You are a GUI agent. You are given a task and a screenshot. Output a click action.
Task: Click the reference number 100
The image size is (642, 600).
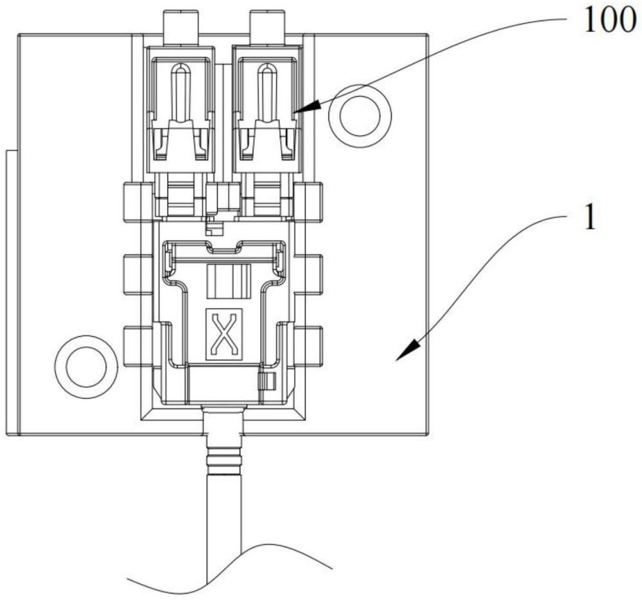click(610, 21)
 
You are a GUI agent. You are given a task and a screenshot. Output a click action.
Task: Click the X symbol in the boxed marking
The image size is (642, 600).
click(223, 334)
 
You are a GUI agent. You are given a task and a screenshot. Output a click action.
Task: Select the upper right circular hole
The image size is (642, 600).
click(360, 116)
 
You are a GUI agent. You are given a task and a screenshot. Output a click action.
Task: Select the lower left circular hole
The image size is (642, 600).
click(86, 366)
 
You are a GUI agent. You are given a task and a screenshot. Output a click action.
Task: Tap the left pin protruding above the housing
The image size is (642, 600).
click(180, 28)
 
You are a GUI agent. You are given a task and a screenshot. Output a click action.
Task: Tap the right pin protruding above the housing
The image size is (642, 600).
click(267, 28)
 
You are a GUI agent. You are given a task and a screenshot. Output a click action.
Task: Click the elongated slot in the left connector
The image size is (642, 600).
click(180, 92)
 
